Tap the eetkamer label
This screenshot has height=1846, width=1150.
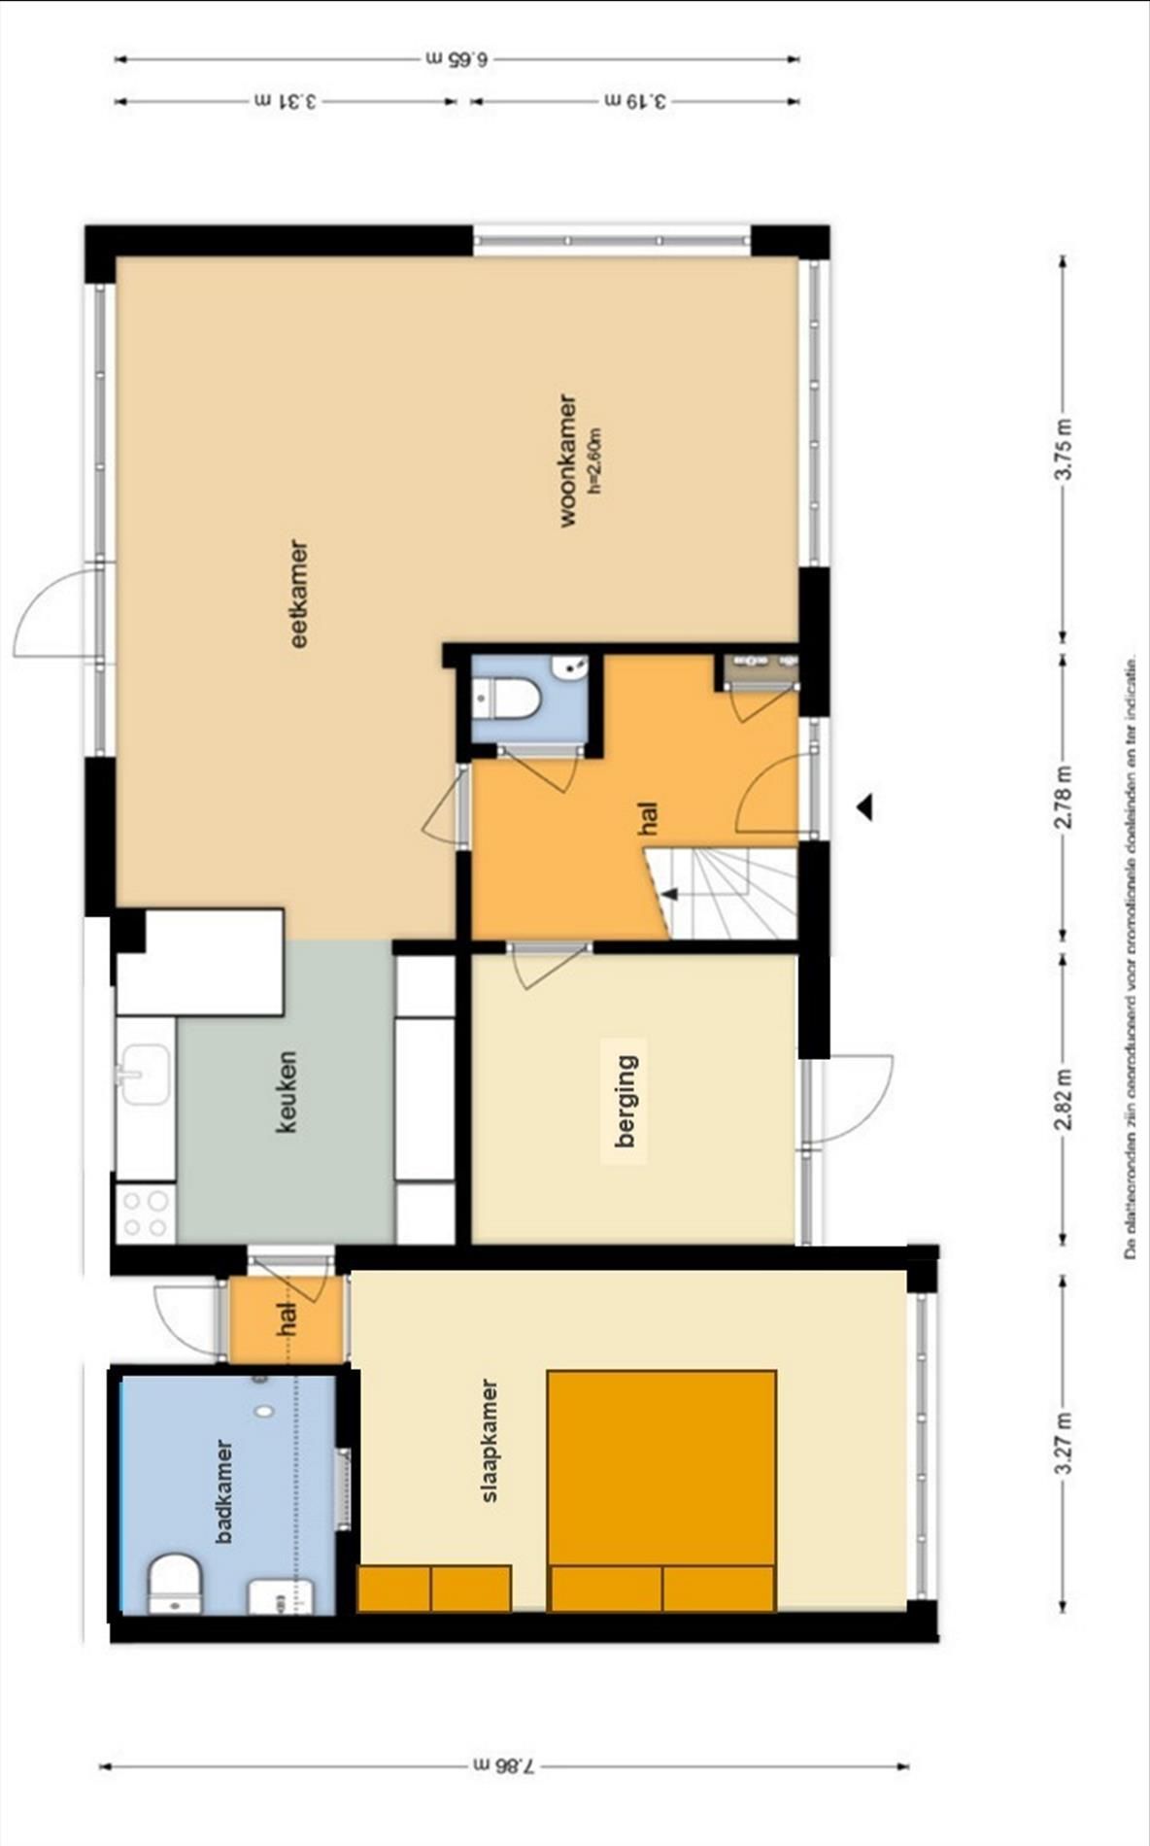pyautogui.click(x=299, y=594)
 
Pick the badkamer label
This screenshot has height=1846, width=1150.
pyautogui.click(x=224, y=1491)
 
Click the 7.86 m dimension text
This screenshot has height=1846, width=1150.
pyautogui.click(x=503, y=1765)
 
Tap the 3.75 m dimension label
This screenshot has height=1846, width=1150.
pyautogui.click(x=1065, y=448)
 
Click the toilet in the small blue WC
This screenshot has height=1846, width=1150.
pyautogui.click(x=508, y=699)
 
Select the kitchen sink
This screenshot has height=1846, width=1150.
pyautogui.click(x=146, y=1074)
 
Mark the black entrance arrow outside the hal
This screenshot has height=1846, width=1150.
pyautogui.click(x=863, y=806)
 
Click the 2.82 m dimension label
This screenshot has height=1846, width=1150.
pyautogui.click(x=1065, y=1100)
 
